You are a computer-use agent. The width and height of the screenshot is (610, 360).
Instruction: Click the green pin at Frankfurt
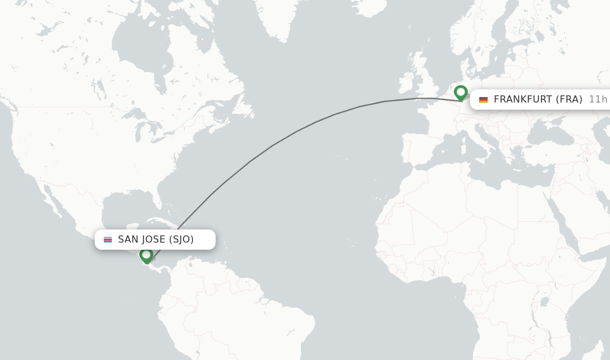[460, 92]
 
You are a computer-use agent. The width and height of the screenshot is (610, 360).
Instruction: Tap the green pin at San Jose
[147, 255]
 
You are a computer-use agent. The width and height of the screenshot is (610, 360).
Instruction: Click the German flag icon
[483, 100]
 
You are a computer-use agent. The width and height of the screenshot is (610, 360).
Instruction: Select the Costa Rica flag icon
[108, 240]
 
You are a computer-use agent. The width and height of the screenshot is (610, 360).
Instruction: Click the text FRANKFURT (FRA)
[538, 100]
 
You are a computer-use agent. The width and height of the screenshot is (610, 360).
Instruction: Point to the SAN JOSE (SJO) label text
[155, 240]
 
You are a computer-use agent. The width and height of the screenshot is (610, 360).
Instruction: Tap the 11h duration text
[597, 100]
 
